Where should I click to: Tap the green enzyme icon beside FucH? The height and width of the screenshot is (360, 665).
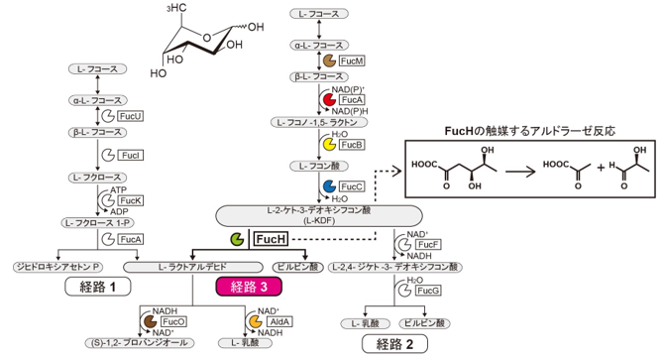(x=237, y=239)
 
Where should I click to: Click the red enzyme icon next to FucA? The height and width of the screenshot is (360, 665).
(x=328, y=100)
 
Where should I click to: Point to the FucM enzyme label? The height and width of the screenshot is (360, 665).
(x=351, y=61)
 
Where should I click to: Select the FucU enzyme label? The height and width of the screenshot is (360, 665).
(x=130, y=116)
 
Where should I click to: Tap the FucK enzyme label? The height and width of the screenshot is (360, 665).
(x=131, y=199)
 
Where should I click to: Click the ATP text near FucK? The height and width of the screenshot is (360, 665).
(x=118, y=189)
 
